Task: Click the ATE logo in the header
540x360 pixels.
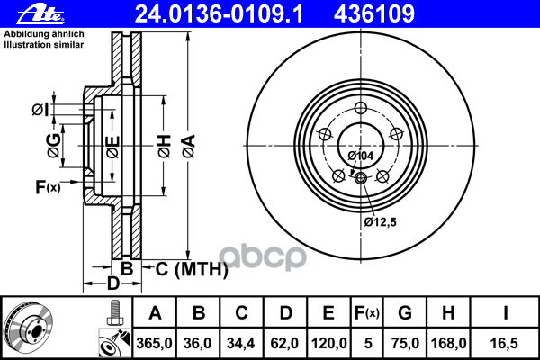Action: coord(40,14)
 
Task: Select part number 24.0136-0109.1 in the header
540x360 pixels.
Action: coord(219,14)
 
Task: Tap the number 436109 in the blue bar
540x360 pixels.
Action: coord(374,14)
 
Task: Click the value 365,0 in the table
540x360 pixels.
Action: coord(154,343)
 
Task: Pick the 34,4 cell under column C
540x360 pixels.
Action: coord(240,343)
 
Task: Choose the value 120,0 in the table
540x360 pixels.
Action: coord(328,343)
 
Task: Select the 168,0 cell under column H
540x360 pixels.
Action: coord(448,343)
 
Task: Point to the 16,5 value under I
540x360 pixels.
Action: coord(504,343)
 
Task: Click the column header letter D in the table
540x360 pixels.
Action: coord(285,313)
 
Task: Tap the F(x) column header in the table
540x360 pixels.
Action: coord(367,313)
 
